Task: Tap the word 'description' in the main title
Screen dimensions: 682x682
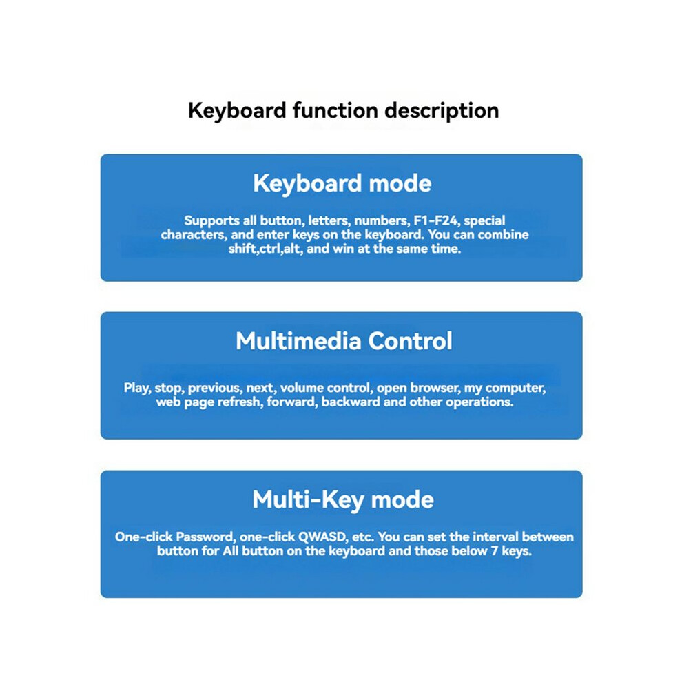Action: point(442,111)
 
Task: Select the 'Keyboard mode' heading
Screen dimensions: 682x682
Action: point(342,183)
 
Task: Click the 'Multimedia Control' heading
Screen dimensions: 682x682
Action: point(344,340)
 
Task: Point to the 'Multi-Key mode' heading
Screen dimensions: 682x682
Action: point(343,499)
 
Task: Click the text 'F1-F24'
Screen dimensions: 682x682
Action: point(435,220)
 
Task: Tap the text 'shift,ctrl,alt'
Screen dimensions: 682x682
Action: point(265,249)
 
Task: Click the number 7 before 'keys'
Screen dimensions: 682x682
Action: point(495,551)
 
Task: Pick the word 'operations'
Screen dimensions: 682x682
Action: point(479,402)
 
